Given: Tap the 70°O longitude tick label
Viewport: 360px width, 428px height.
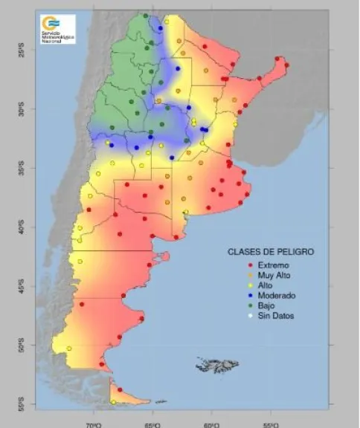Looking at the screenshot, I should [94, 424].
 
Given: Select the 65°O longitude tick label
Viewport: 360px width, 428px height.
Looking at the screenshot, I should [153, 424].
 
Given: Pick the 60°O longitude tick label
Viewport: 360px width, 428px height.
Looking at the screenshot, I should [211, 424].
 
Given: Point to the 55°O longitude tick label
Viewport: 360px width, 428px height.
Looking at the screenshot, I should [270, 424].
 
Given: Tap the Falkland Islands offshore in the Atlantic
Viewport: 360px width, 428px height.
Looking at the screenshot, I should [217, 365].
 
